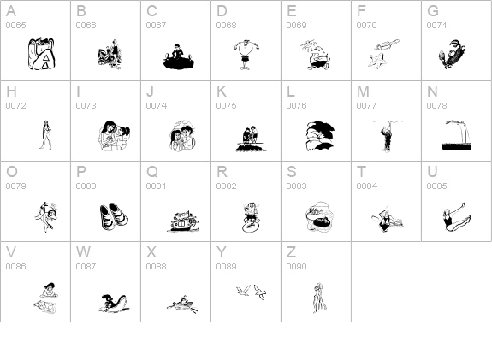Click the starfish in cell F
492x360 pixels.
pyautogui.click(x=376, y=61)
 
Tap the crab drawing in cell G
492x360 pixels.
pyautogui.click(x=452, y=54)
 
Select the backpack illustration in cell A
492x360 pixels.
pyautogui.click(x=41, y=54)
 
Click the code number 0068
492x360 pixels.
pyautogui.click(x=226, y=25)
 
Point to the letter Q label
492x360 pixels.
pyautogui.click(x=152, y=172)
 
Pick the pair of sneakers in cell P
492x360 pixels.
pyautogui.click(x=114, y=215)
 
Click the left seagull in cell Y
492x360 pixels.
pyautogui.click(x=244, y=291)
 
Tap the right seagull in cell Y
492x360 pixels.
pyautogui.click(x=260, y=292)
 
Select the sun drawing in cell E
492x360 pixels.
pyautogui.click(x=306, y=45)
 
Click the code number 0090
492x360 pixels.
pyautogui.click(x=297, y=266)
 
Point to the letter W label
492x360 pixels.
pyautogui.click(x=83, y=252)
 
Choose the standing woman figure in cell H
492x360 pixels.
pyautogui.click(x=46, y=135)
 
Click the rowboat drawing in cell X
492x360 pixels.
pyautogui.click(x=182, y=304)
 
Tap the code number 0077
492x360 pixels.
pyautogui.click(x=366, y=106)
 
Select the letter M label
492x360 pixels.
pyautogui.click(x=363, y=91)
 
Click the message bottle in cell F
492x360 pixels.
pyautogui.click(x=387, y=44)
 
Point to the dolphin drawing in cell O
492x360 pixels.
pyautogui.click(x=46, y=216)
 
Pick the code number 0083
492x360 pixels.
pyautogui.click(x=297, y=186)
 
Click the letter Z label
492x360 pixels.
pyautogui.click(x=291, y=252)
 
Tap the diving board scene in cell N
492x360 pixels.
pyautogui.click(x=457, y=135)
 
